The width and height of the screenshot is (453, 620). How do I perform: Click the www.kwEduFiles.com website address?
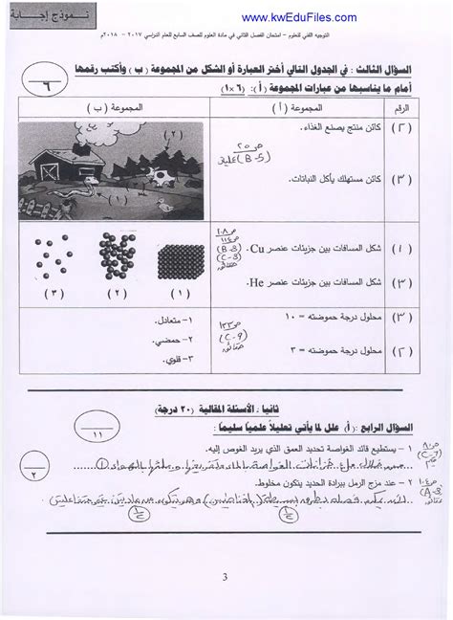coord(299,17)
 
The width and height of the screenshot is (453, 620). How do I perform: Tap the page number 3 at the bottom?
coord(226,578)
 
